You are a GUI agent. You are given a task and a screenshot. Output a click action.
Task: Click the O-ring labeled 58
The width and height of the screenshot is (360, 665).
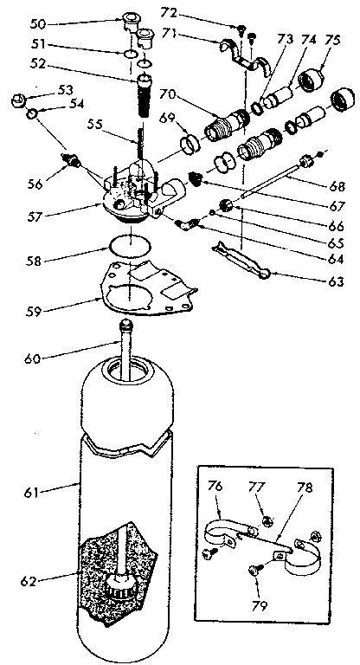coord(130,245)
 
